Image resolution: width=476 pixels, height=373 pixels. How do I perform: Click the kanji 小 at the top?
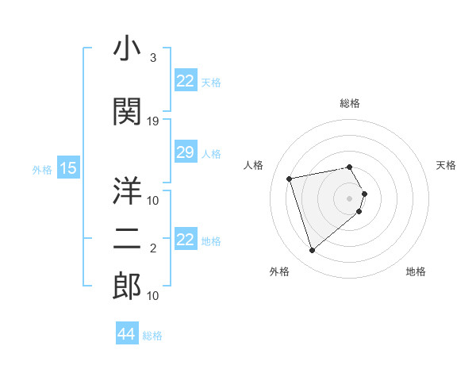tap(127, 50)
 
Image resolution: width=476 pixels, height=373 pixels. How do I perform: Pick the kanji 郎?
tap(127, 286)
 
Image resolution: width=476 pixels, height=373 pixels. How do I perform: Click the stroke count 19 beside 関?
tap(153, 121)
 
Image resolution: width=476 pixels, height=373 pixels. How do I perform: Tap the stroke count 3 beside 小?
tap(152, 58)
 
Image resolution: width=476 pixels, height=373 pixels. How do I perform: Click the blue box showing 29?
tap(185, 152)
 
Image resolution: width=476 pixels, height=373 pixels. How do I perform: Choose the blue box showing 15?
tap(67, 167)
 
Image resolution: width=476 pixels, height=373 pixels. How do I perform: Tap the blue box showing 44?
tap(126, 334)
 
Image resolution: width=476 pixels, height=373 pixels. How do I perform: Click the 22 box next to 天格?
tap(185, 81)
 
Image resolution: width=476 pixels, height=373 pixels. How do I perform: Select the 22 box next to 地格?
tap(185, 240)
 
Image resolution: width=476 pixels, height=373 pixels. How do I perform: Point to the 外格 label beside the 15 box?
tap(42, 168)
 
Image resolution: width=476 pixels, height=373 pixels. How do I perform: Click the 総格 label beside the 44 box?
tap(152, 336)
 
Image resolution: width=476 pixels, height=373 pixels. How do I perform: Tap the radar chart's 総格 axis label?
tap(350, 103)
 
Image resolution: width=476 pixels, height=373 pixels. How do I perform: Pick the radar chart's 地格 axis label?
tap(416, 271)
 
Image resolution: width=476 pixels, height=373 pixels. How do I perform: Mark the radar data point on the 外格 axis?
tap(313, 251)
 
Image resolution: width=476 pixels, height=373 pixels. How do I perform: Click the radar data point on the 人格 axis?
tap(290, 178)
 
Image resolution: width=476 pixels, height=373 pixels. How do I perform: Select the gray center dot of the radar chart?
tap(350, 198)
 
